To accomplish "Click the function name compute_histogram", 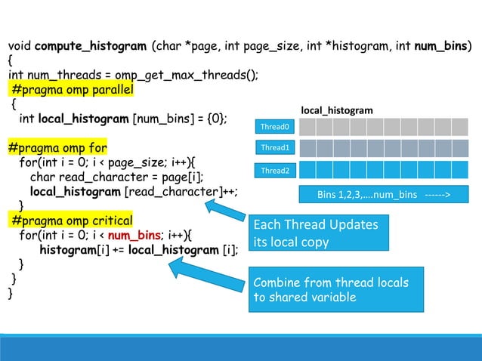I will pyautogui.click(x=91, y=46).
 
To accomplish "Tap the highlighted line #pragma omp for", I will pyautogui.click(x=58, y=148).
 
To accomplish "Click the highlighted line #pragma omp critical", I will pyautogui.click(x=72, y=221).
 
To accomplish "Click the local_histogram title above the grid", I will pyautogui.click(x=337, y=110).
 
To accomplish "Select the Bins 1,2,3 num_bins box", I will pyautogui.click(x=384, y=195).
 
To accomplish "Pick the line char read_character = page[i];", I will pyautogui.click(x=117, y=177).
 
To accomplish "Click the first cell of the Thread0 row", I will pyautogui.click(x=307, y=126).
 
